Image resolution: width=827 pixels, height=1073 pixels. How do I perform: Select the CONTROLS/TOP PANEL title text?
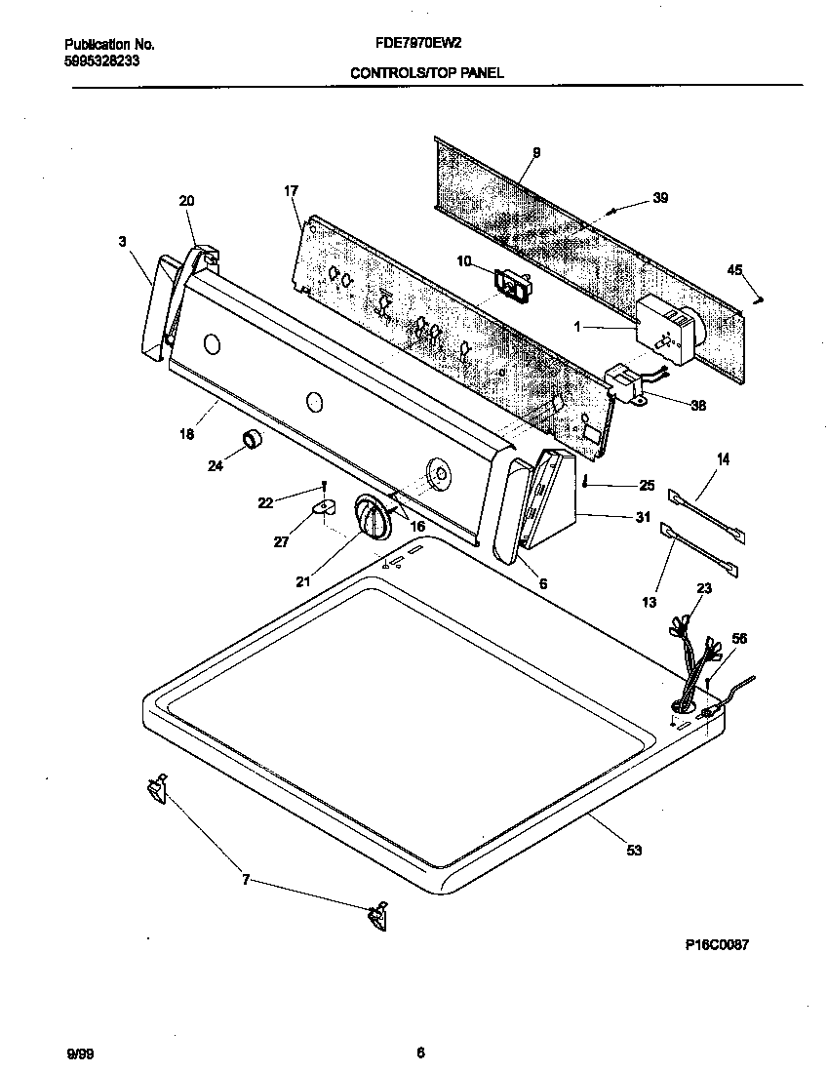pyautogui.click(x=426, y=72)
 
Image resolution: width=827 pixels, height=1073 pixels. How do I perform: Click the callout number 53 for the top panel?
pyautogui.click(x=634, y=851)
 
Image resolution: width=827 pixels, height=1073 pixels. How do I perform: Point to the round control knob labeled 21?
pyautogui.click(x=372, y=514)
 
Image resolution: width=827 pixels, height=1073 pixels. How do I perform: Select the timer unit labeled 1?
pyautogui.click(x=663, y=327)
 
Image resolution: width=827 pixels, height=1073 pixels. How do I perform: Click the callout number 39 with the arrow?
pyautogui.click(x=660, y=199)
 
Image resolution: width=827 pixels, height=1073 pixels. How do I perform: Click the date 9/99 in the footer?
pyautogui.click(x=81, y=1053)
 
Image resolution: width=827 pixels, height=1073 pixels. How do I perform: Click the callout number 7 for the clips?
pyautogui.click(x=245, y=880)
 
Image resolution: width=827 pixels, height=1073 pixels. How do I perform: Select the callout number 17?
pyautogui.click(x=290, y=192)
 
